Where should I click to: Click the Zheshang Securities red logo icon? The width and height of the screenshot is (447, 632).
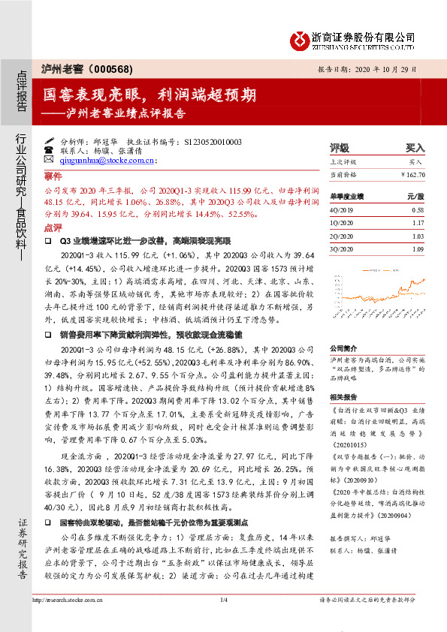[301, 38]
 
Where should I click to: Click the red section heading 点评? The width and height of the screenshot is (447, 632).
[53, 227]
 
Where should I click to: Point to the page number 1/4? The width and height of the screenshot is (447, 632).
[222, 600]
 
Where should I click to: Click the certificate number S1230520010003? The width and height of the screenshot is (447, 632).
[213, 141]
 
